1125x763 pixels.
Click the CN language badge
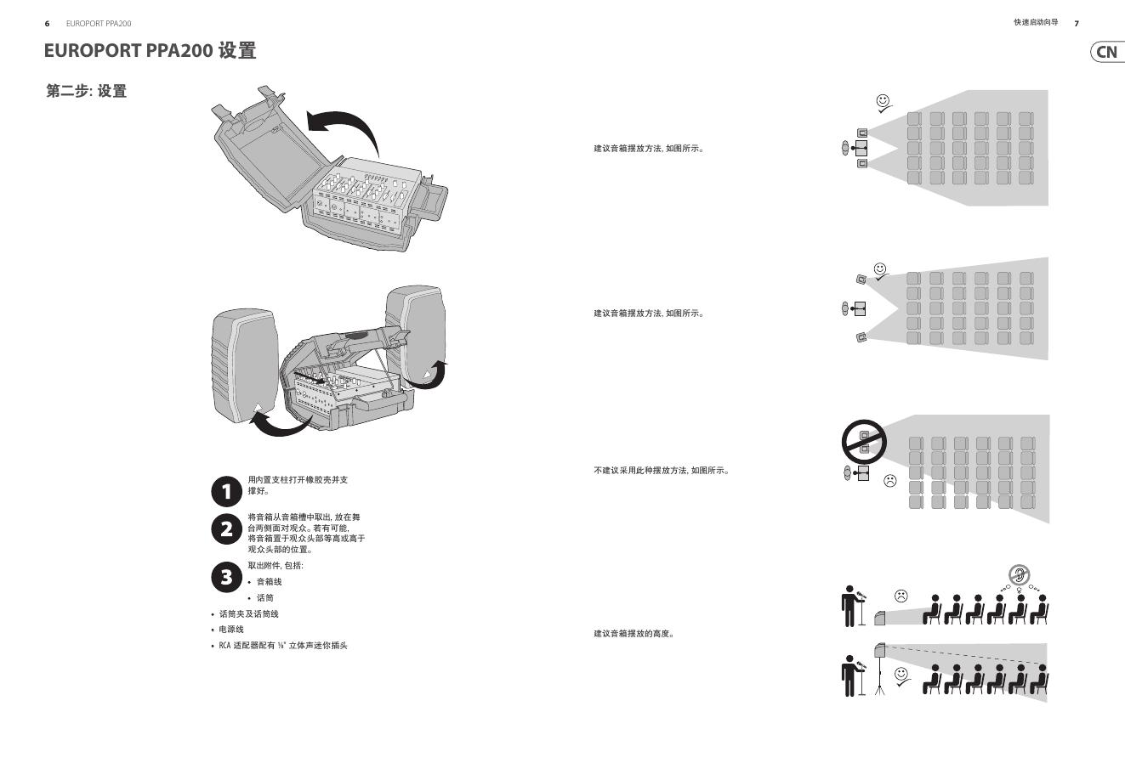tap(1107, 52)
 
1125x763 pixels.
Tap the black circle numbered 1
tap(226, 491)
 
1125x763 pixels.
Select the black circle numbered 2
tap(226, 528)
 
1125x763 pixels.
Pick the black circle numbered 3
tap(226, 577)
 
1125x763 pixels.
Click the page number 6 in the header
tap(48, 24)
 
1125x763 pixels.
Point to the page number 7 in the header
tap(1077, 24)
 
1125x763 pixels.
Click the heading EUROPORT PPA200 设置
tap(150, 51)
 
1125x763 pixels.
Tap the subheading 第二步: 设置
tap(86, 92)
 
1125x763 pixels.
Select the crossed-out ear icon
tap(1019, 574)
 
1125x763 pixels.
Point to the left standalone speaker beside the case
tap(245, 365)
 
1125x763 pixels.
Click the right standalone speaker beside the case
tap(415, 335)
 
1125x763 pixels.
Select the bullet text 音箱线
tap(269, 582)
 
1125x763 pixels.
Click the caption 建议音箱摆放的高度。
tap(634, 634)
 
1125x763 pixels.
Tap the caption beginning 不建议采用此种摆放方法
tap(662, 471)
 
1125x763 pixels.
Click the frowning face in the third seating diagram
tap(890, 481)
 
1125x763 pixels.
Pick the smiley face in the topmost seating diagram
tap(884, 101)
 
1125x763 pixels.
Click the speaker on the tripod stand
tap(880, 651)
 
